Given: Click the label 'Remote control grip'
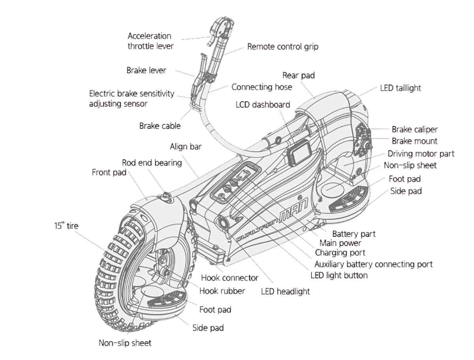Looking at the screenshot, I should (x=282, y=47).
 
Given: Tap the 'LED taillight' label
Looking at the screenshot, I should (x=400, y=88).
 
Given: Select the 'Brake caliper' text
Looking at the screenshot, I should (x=415, y=129).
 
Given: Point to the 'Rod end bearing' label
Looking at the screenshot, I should (x=152, y=163).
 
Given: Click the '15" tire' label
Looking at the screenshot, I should (x=66, y=226).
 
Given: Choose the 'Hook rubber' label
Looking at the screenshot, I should (x=222, y=291).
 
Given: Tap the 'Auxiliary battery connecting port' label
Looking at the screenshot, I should (x=373, y=264).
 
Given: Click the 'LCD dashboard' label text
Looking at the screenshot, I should (x=263, y=105).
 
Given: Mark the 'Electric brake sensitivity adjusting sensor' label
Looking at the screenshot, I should (x=132, y=99).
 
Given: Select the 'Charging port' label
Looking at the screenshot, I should (x=340, y=252).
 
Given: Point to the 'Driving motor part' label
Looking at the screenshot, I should (x=421, y=154).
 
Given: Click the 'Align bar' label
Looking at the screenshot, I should (x=186, y=147).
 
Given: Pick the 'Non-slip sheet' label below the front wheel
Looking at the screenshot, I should (x=125, y=343).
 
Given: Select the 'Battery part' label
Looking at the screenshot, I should (x=354, y=234).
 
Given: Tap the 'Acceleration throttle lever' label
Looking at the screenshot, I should (x=150, y=41).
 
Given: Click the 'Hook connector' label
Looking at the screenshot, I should (x=229, y=277).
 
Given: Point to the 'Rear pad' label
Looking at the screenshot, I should (x=299, y=75).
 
